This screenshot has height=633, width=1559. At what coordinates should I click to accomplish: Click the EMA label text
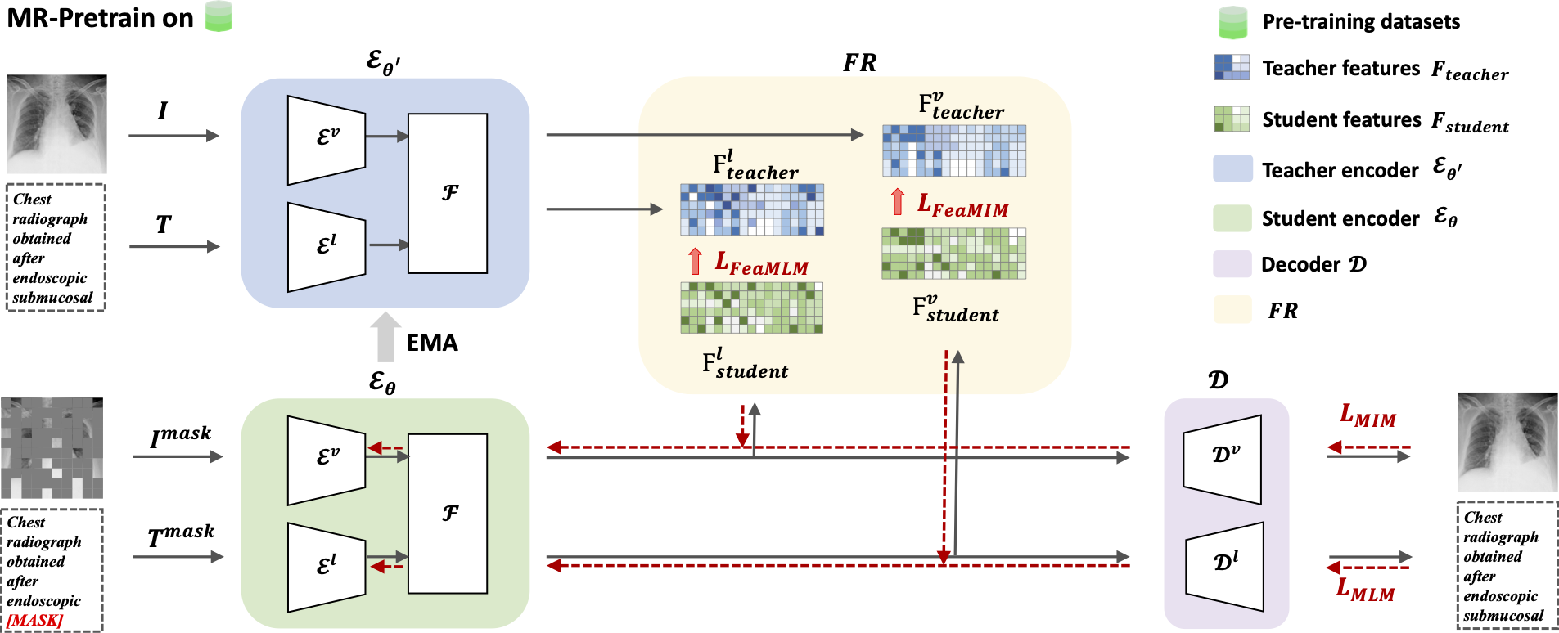[432, 343]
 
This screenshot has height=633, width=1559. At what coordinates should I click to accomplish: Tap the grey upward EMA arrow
[385, 337]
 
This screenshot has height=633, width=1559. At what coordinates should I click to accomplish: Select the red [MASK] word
[34, 621]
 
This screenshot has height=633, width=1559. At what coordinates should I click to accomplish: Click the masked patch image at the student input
[52, 448]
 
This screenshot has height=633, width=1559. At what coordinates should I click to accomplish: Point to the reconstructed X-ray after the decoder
[1507, 442]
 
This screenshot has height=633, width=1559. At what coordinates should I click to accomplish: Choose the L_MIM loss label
[1368, 416]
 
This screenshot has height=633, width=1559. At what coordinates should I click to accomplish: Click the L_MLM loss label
[1365, 590]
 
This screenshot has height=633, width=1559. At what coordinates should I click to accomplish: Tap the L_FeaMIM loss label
[962, 205]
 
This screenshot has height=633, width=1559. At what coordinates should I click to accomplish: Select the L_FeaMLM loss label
[761, 263]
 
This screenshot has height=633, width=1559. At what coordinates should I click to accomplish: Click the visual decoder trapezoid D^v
[1223, 459]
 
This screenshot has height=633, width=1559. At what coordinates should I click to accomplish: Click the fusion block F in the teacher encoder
[448, 193]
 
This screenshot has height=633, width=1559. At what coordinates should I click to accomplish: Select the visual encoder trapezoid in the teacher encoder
[327, 140]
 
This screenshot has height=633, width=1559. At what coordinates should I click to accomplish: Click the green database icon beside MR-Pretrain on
[219, 16]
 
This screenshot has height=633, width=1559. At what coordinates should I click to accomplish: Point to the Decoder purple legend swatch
[1232, 264]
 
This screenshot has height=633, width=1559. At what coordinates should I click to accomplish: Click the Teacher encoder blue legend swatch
[1232, 168]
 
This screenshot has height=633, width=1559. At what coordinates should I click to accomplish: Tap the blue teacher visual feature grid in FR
[954, 150]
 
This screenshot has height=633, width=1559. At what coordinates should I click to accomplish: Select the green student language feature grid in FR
[752, 308]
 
